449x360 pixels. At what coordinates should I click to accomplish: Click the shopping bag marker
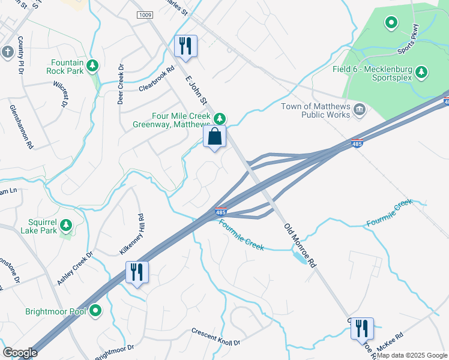(x=215, y=136)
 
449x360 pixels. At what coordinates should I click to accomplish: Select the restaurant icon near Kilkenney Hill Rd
(x=137, y=272)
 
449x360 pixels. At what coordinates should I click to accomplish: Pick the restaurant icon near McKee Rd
(x=362, y=329)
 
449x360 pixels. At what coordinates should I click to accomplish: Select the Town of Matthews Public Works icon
(x=360, y=109)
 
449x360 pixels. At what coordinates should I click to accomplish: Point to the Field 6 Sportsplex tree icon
(x=421, y=72)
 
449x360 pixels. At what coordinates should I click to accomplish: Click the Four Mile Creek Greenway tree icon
(x=220, y=118)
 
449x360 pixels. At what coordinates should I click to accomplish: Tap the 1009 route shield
(x=144, y=14)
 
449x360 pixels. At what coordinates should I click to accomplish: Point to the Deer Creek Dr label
(x=120, y=84)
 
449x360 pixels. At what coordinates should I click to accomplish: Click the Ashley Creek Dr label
(x=76, y=268)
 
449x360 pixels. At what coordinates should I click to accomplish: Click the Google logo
(x=20, y=353)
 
